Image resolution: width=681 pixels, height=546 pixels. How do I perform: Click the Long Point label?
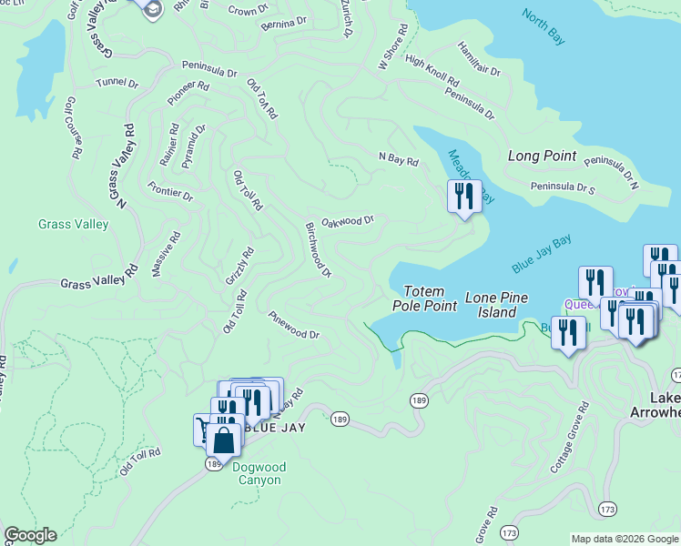click(x=542, y=156)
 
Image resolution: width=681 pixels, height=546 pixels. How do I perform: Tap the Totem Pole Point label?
click(x=425, y=298)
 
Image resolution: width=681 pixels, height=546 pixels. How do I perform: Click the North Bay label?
click(x=544, y=27)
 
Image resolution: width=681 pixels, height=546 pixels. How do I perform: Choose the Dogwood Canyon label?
click(x=259, y=473)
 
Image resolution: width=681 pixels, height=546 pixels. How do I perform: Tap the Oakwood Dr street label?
click(x=348, y=221)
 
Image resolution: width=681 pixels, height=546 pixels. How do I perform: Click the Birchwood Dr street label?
click(x=319, y=248)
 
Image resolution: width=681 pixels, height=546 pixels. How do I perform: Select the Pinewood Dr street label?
click(x=293, y=325)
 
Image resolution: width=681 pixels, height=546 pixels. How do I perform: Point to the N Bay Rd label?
click(x=398, y=160)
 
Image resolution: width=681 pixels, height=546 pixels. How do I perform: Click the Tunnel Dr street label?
click(x=117, y=83)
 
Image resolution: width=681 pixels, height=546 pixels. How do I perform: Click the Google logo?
click(x=30, y=535)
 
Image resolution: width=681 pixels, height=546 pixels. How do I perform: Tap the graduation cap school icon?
click(x=151, y=8)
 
